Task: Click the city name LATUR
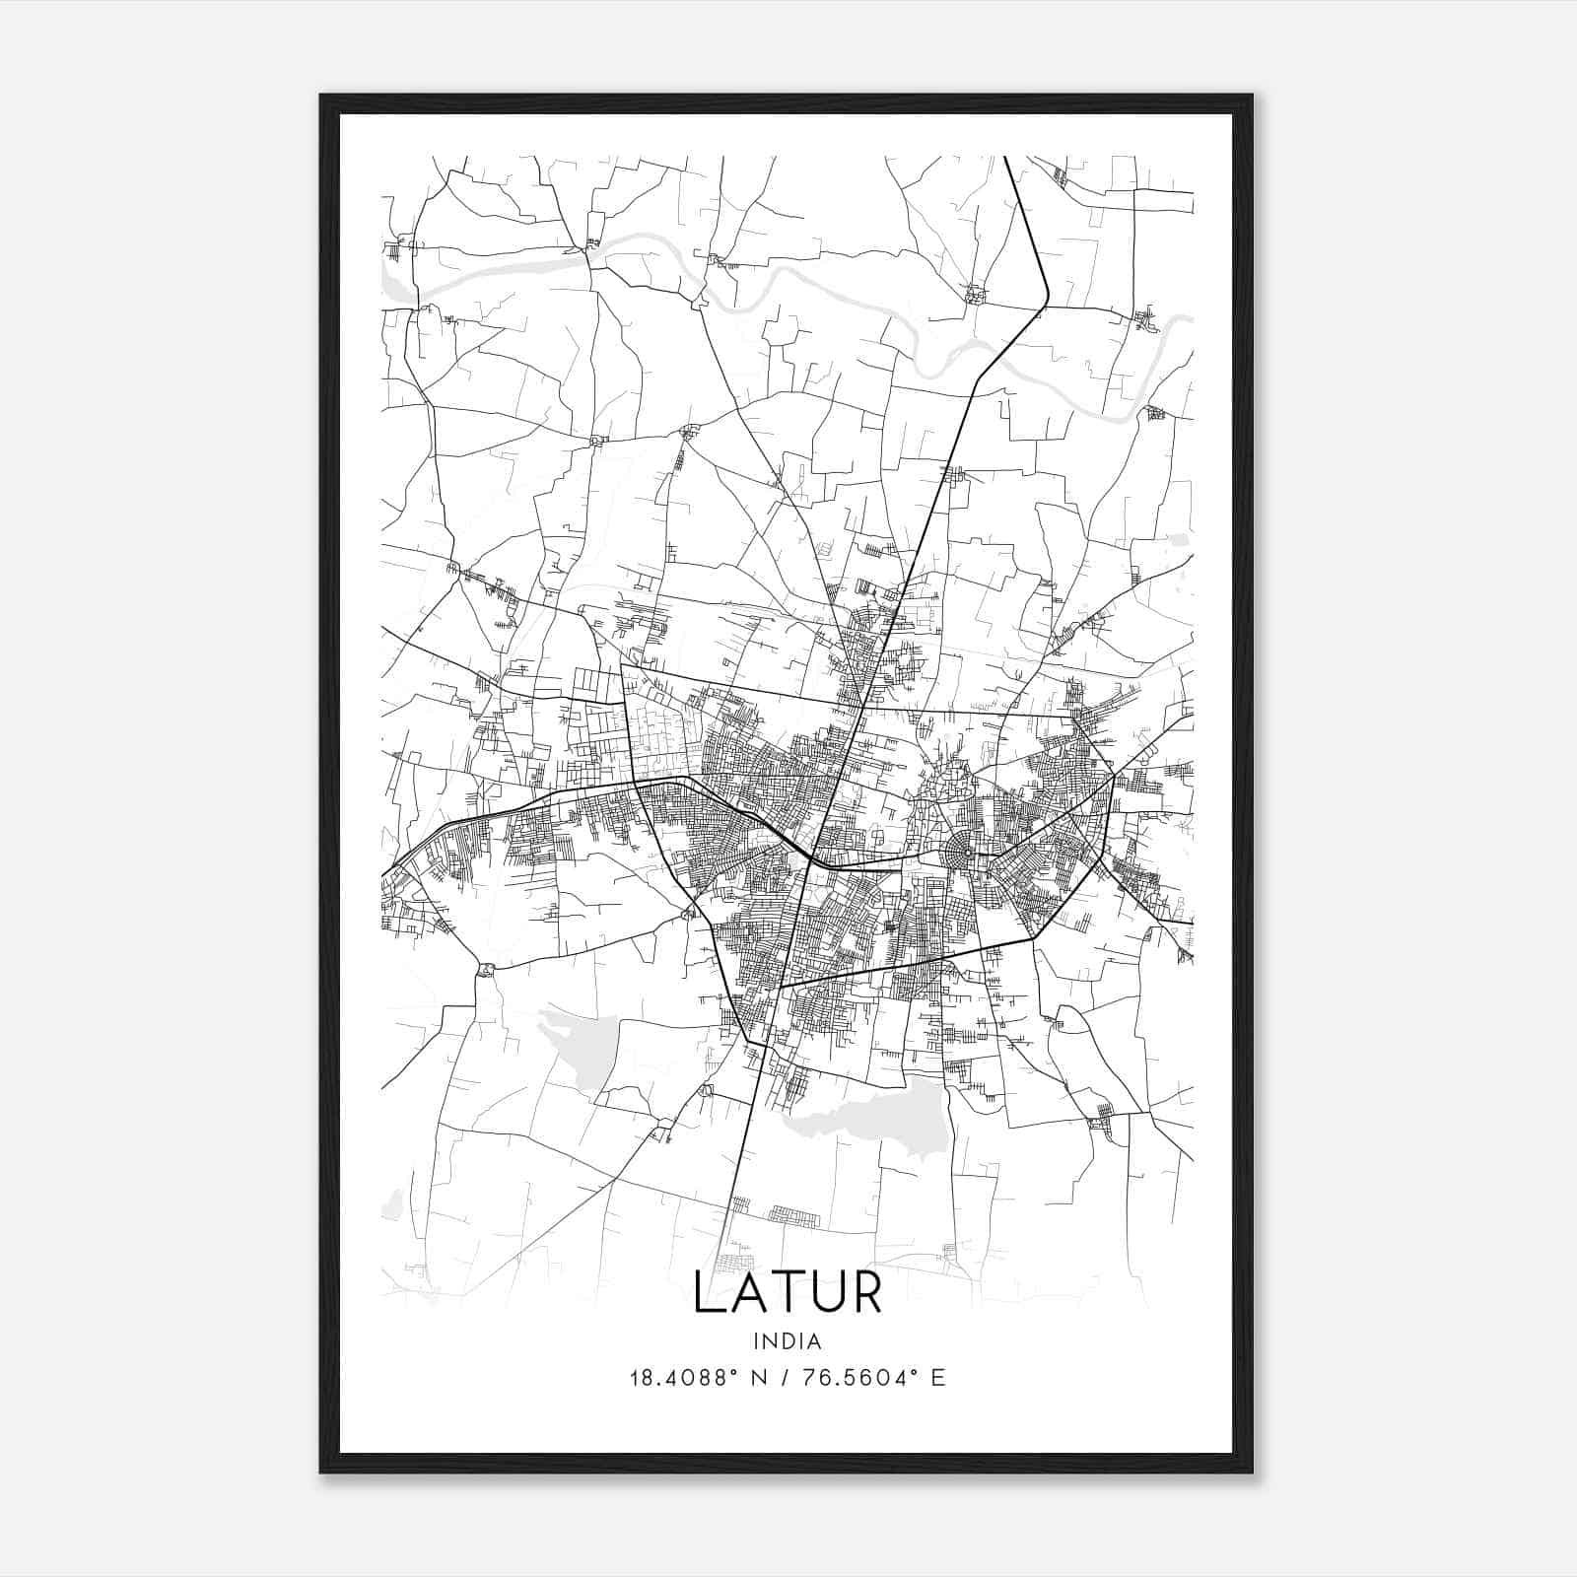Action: [x=788, y=1292]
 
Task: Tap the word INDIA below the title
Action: [x=787, y=1341]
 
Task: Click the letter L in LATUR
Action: [x=709, y=1292]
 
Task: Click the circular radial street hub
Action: [x=957, y=850]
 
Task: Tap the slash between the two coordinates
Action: [x=788, y=1378]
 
